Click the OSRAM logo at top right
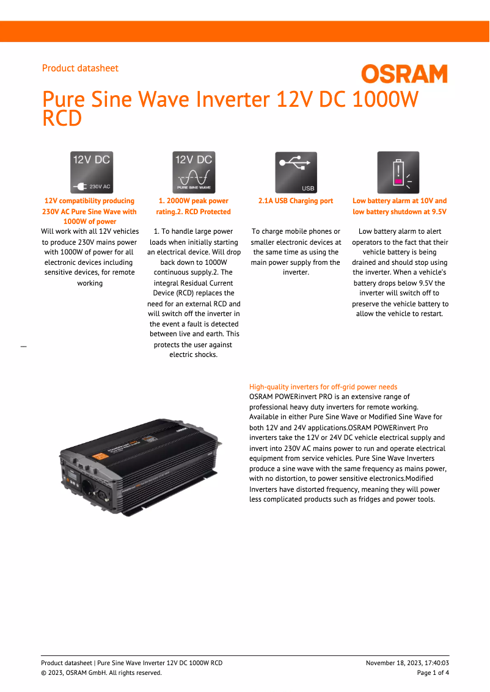(404, 74)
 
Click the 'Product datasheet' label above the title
(80, 68)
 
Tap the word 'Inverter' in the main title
(233, 99)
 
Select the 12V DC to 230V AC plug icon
(92, 173)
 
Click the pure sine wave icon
(194, 173)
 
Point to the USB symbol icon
(296, 173)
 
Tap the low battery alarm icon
(398, 173)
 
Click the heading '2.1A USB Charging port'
(296, 201)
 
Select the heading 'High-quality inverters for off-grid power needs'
(323, 387)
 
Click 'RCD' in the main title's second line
(62, 119)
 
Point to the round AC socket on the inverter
(87, 487)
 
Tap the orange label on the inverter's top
(100, 457)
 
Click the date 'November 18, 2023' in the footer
(393, 663)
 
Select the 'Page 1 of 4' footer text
(433, 673)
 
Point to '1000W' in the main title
(385, 99)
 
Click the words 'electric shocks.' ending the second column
(194, 355)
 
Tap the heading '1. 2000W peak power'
(194, 201)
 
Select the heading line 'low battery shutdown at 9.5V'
(400, 212)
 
